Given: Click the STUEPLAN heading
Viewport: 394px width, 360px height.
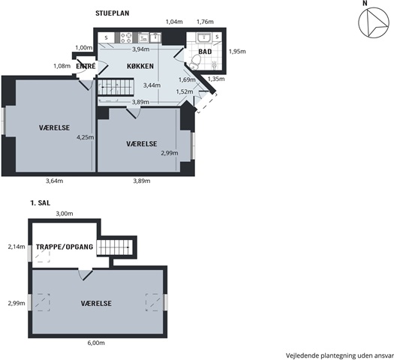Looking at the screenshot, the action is coord(113,13).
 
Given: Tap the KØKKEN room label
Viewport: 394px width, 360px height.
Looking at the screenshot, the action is coord(140,66).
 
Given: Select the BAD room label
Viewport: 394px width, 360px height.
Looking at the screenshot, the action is coord(205,52).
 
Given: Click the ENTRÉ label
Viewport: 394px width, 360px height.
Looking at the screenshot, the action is coord(86,66).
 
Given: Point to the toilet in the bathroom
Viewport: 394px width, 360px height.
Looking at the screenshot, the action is coord(195,62).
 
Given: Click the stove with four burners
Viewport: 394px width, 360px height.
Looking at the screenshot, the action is coord(126,37).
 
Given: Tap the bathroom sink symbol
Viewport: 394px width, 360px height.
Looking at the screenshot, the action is coord(204,37).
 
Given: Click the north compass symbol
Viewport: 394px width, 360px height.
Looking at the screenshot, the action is coord(374,22).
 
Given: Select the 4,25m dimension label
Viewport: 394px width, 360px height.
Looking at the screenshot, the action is coord(86,137).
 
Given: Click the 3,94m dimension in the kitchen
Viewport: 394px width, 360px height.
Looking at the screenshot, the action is coord(141,49).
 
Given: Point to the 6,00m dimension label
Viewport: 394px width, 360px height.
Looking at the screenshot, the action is coord(96,343).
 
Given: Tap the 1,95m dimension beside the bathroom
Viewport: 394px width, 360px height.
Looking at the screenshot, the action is coord(237,52).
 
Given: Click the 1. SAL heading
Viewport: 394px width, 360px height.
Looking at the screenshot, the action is coord(41,202).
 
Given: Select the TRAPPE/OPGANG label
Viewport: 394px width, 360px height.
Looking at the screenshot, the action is coord(65,247).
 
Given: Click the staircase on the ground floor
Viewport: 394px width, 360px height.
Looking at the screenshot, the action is coord(116,87).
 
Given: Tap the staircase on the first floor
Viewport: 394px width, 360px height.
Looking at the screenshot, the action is coord(115,247).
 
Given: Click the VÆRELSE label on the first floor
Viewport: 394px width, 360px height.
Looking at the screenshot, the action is coord(96,304).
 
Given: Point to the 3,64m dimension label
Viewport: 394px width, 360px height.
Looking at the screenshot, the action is coord(55,181).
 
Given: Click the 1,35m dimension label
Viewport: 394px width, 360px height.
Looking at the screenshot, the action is coord(216,79).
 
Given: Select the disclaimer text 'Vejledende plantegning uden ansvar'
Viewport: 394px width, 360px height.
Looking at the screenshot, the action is coord(340,355).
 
